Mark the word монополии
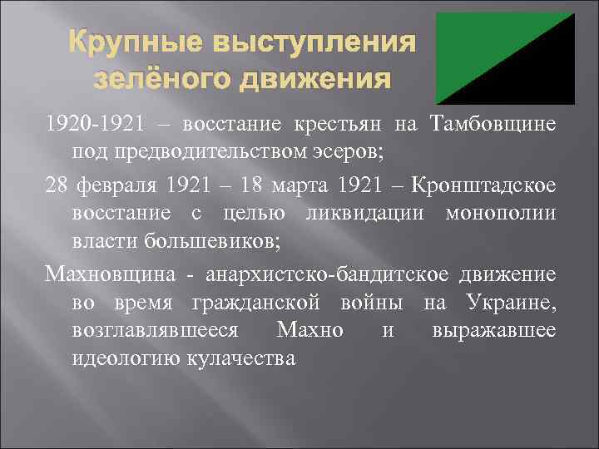pos(498,213)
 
